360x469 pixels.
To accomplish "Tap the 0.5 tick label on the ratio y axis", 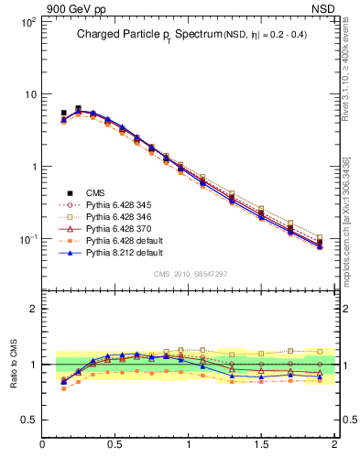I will click(x=28, y=420).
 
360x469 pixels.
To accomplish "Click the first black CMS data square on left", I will click(x=63, y=114).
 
